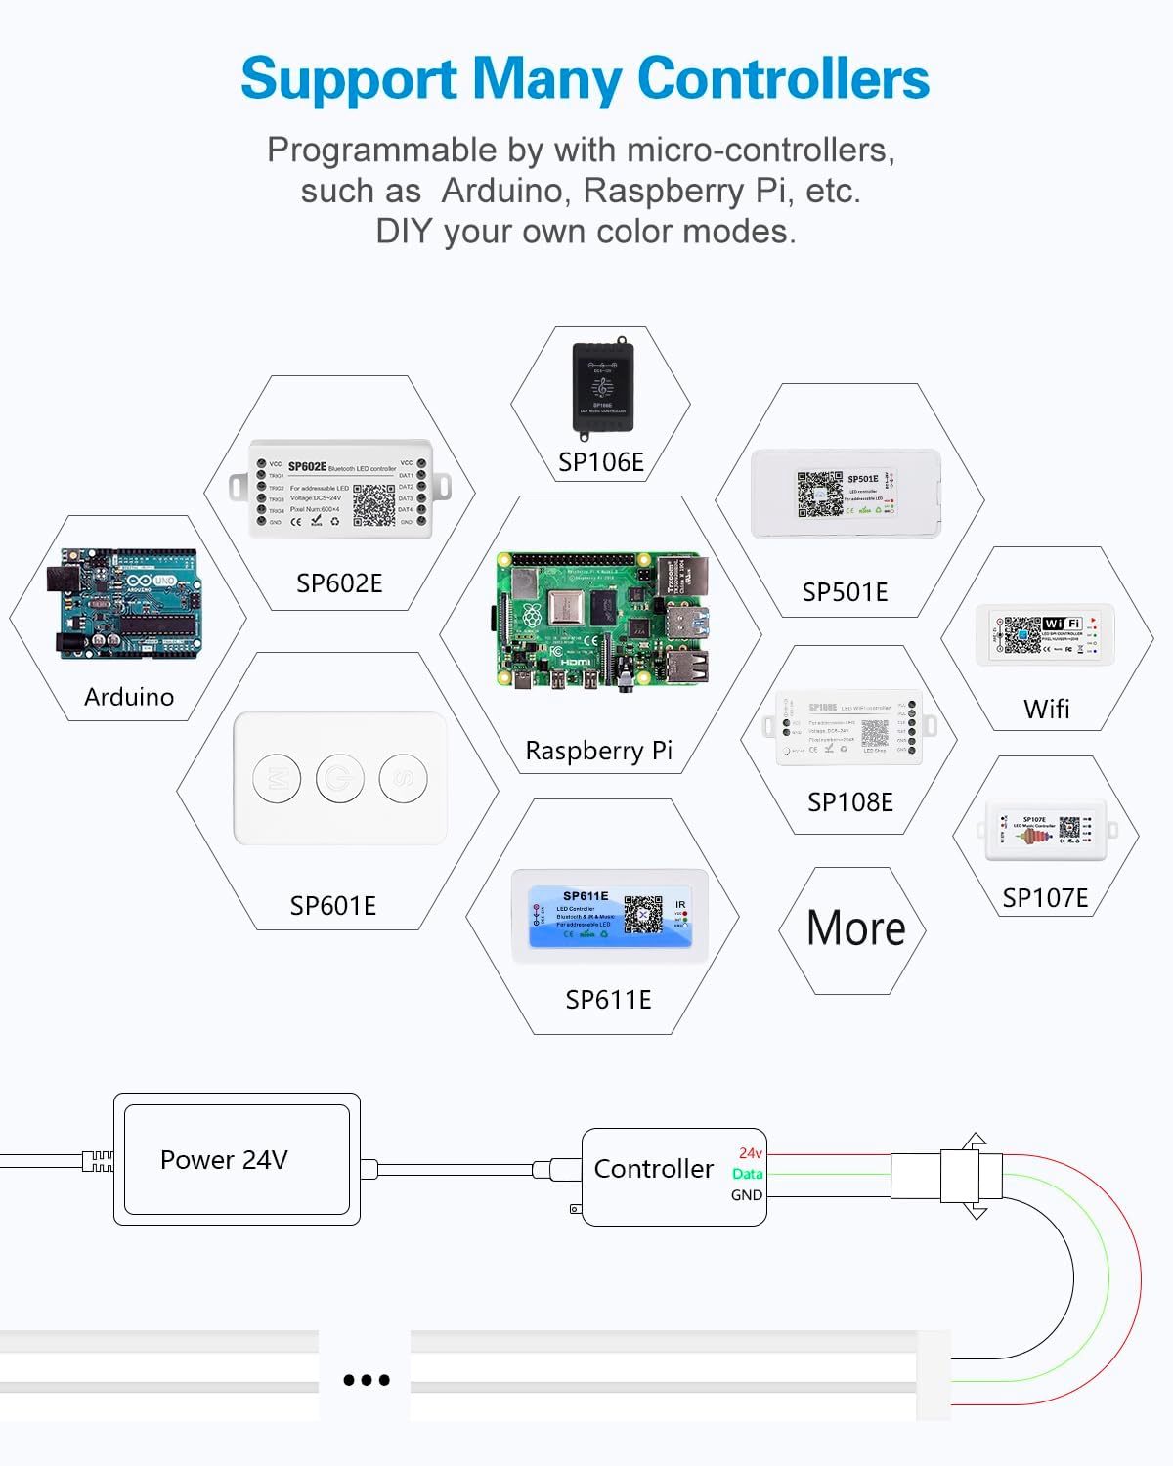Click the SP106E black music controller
point(602,387)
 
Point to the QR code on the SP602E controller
point(373,504)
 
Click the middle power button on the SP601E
point(340,779)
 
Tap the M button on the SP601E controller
point(277,779)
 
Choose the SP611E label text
point(608,1000)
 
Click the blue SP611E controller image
point(609,917)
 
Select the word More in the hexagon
point(856,928)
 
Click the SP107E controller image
point(1046,830)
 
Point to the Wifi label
point(1046,709)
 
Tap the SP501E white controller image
point(846,494)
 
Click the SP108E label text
point(850,802)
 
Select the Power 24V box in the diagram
point(237,1159)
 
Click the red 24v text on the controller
point(750,1153)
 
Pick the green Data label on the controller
point(747,1174)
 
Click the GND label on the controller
point(747,1195)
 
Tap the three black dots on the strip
point(367,1380)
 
